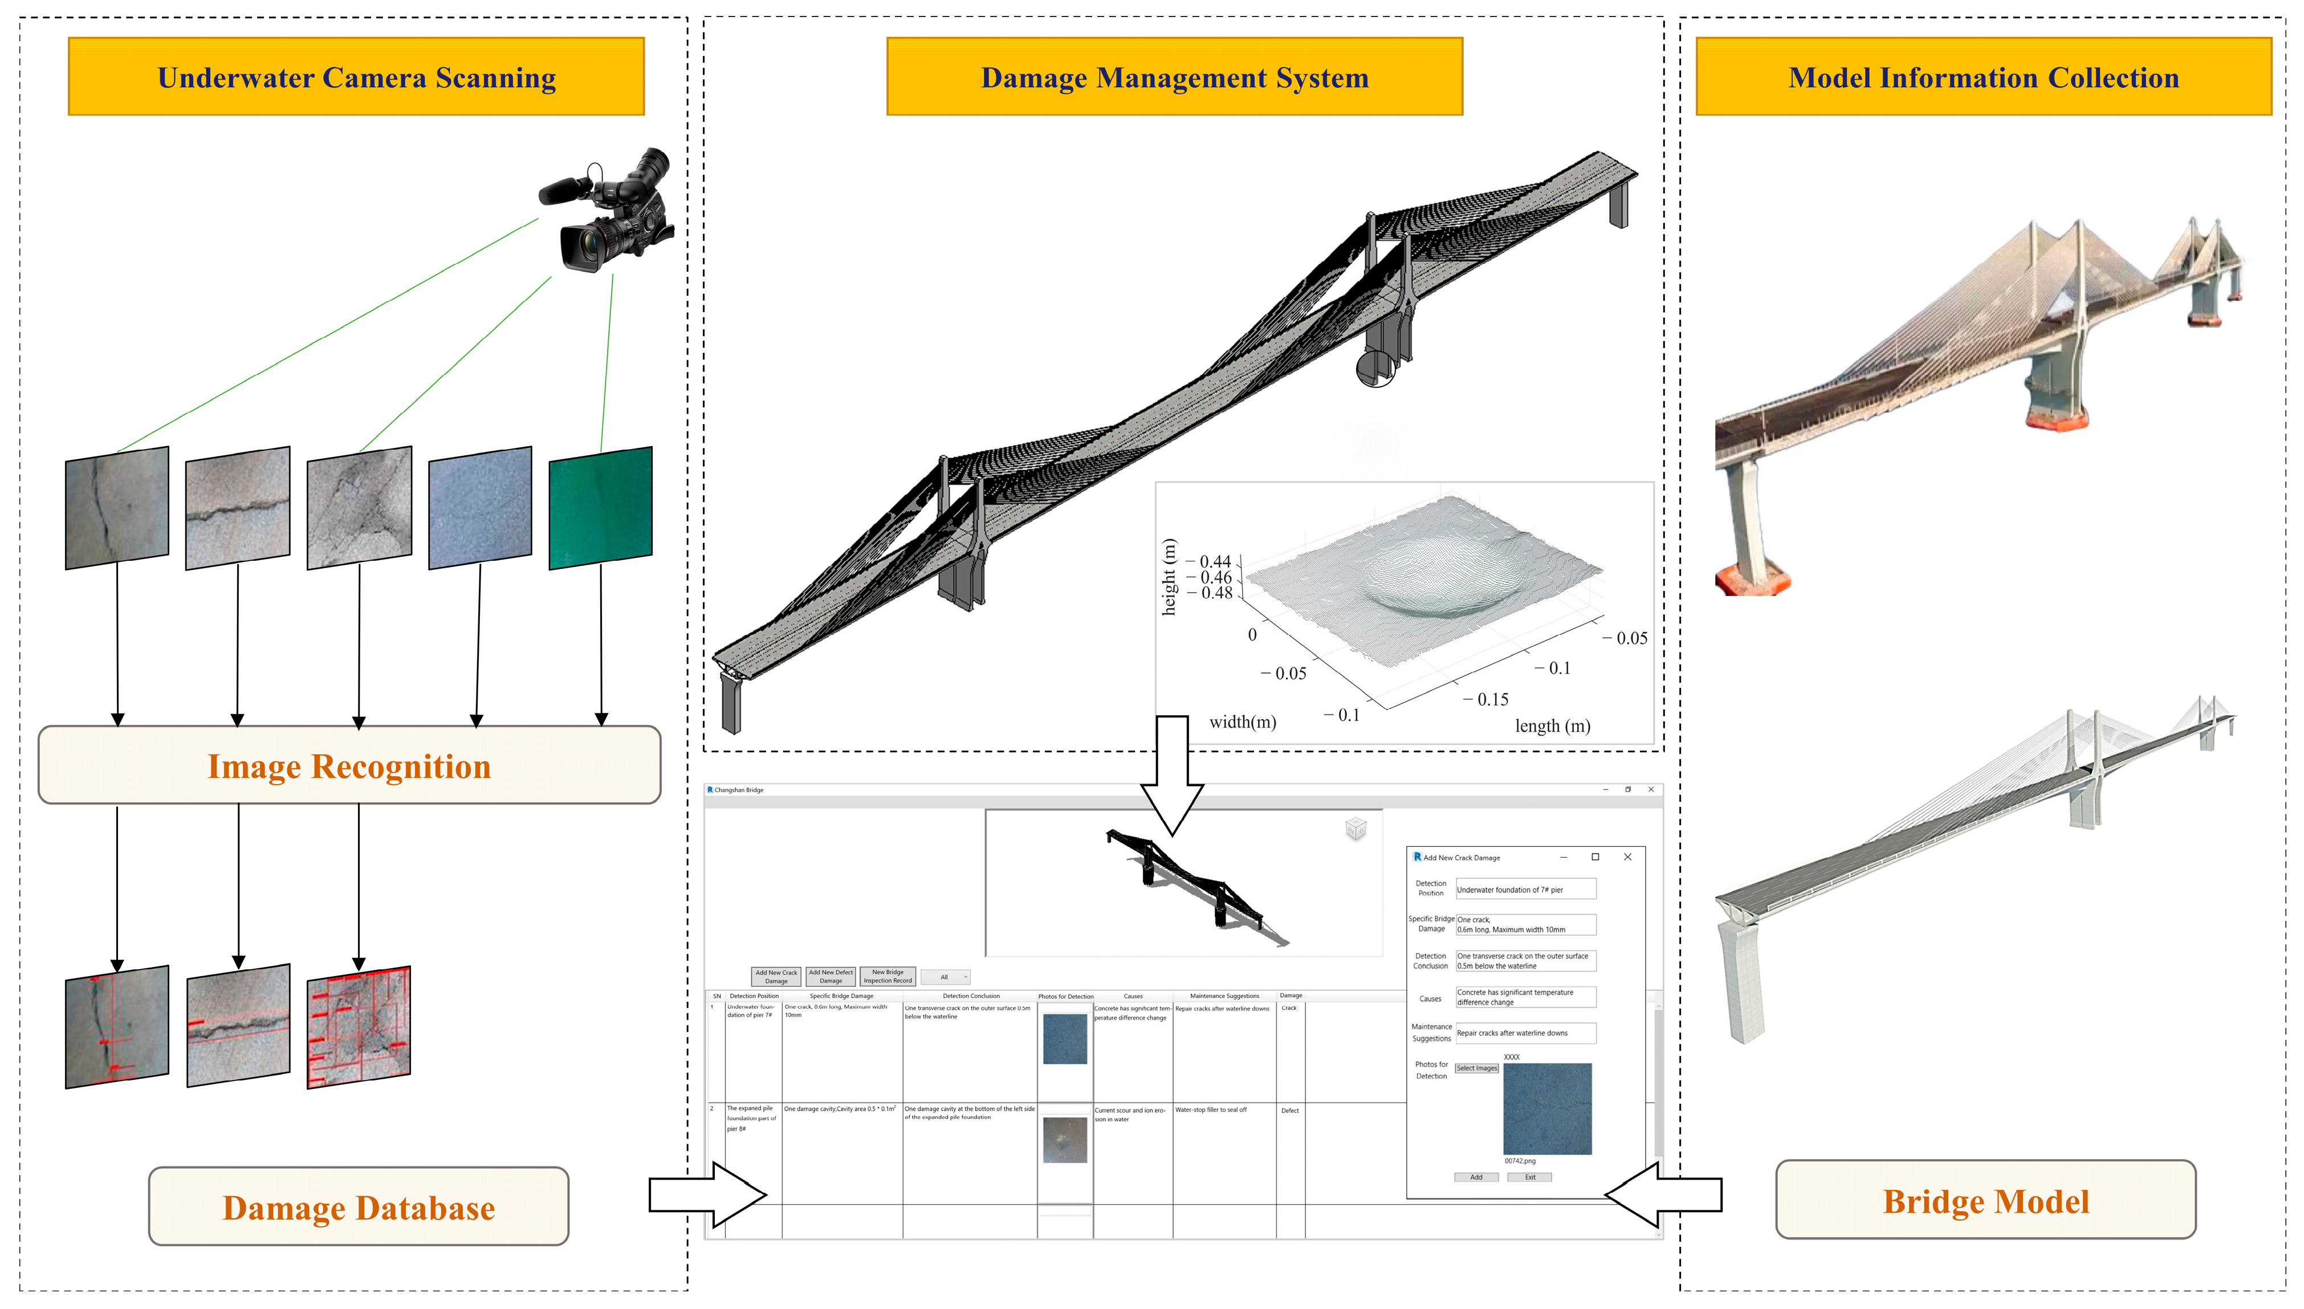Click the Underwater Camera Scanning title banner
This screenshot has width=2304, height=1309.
[x=356, y=78]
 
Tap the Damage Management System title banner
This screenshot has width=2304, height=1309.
[x=1174, y=78]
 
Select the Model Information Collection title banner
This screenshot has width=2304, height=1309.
[x=1983, y=78]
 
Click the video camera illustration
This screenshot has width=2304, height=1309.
[x=612, y=211]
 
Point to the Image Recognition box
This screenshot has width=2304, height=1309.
[x=349, y=766]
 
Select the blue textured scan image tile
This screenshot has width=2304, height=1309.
[x=480, y=508]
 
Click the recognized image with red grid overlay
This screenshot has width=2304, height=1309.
[x=359, y=1027]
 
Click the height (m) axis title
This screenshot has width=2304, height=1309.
[x=1168, y=577]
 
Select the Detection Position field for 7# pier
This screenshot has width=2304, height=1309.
[x=1525, y=890]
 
